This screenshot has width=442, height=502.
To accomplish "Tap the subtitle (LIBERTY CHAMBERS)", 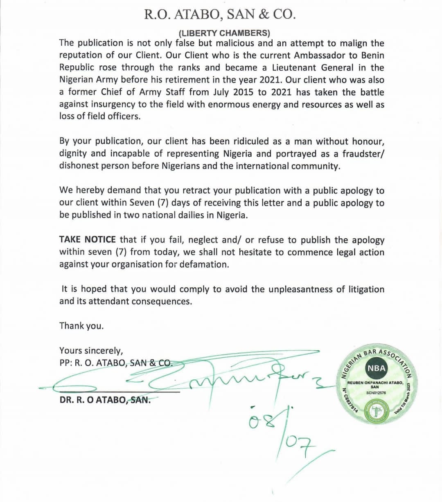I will pos(224,33).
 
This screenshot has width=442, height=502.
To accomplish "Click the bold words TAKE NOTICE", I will pos(88,240).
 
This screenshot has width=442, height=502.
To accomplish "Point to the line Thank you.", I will pos(81,326).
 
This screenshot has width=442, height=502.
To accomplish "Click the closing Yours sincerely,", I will pos(91,351).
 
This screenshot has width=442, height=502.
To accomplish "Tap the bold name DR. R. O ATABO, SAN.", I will pos(105,400).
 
